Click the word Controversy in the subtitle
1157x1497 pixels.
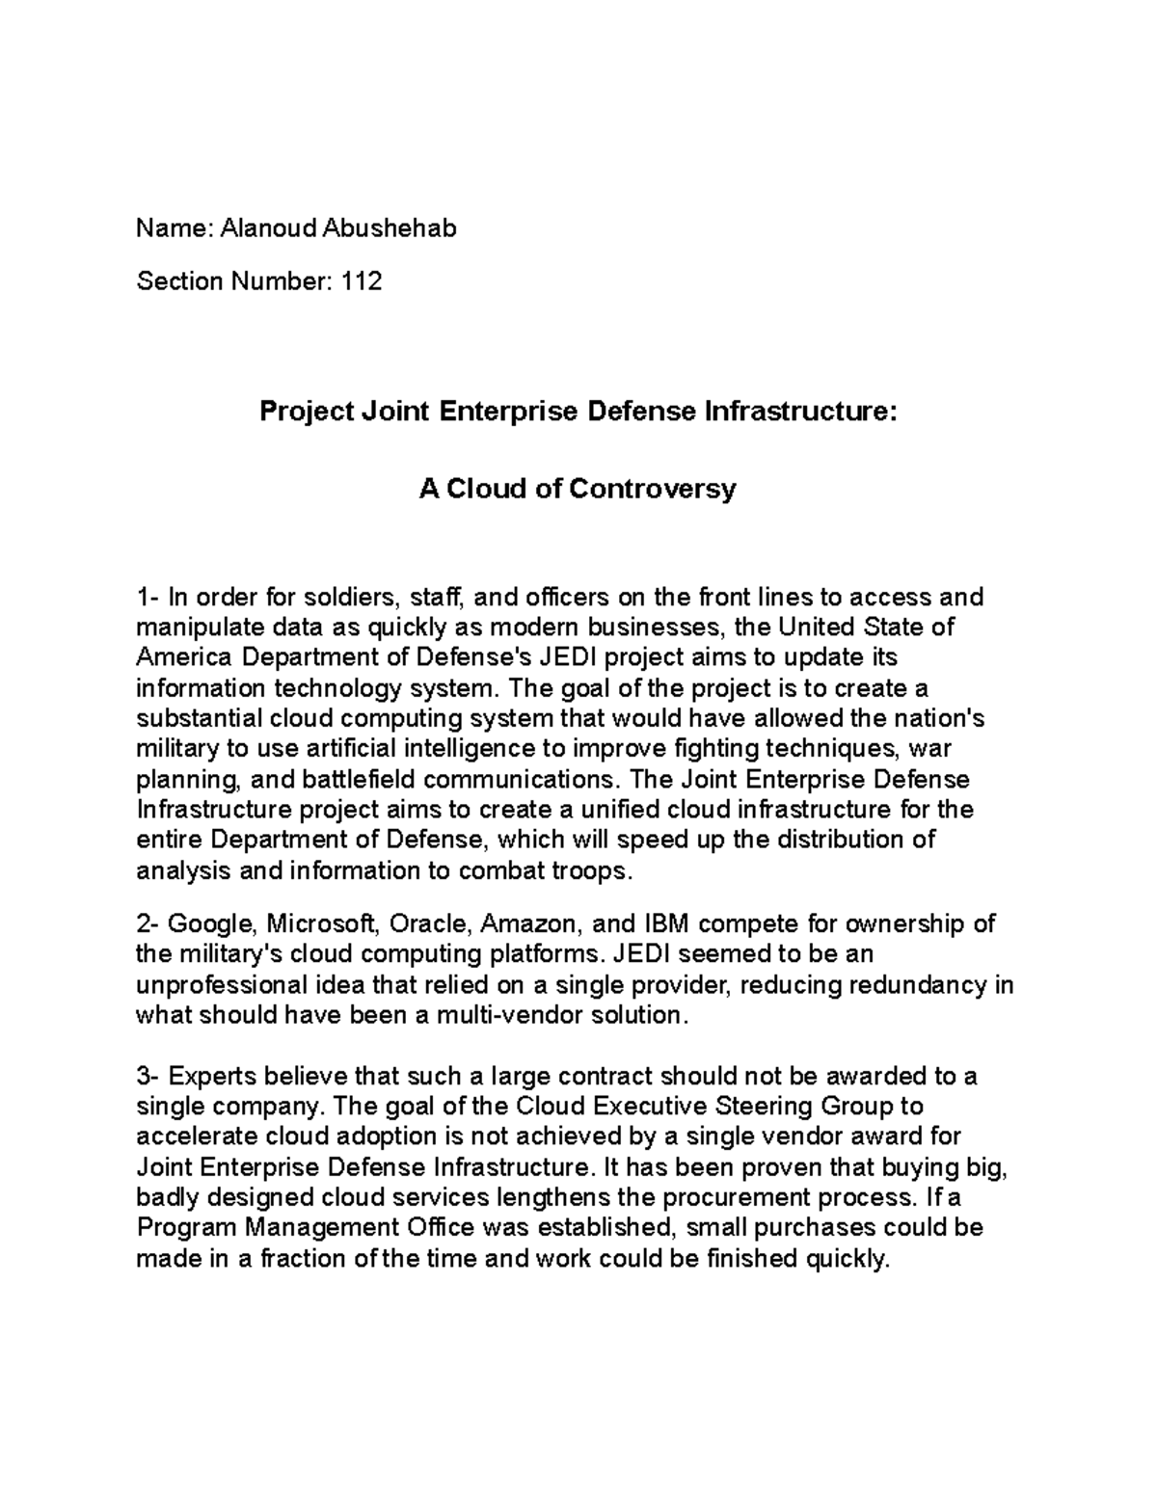[x=653, y=489]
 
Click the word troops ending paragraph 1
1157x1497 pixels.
[x=589, y=870]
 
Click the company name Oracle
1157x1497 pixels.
[x=431, y=924]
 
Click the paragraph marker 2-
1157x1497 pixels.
[x=148, y=924]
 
